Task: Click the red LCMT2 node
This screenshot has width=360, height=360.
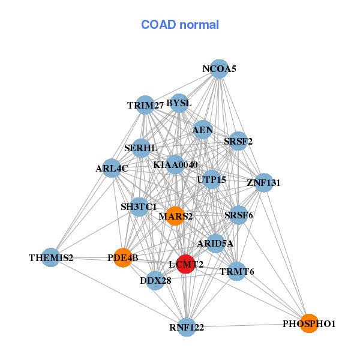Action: coord(186,263)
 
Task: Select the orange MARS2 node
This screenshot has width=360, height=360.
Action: coord(175,216)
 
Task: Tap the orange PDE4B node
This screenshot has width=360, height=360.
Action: coord(123,257)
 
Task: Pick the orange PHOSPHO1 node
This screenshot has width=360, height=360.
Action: coord(308,323)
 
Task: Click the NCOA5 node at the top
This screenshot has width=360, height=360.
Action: coord(220,69)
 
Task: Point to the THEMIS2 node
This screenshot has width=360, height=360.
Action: coord(51,257)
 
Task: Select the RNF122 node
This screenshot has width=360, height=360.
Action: coord(187,327)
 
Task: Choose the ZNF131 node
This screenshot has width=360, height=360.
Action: coord(264,182)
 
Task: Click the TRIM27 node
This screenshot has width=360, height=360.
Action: coord(145,105)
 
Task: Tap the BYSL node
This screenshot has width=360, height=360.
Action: coord(179,103)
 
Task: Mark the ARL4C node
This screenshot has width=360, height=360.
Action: coord(112,168)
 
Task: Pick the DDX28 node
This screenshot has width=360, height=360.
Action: coord(156,280)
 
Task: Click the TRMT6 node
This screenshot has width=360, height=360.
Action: coord(237,271)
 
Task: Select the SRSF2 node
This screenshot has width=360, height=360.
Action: coord(238,142)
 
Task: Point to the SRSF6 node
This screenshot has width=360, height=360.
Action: coord(238,215)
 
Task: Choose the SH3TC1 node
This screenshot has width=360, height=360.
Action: coord(139,207)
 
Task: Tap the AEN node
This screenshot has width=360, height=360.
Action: coord(203,129)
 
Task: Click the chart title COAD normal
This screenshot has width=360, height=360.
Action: coord(179,25)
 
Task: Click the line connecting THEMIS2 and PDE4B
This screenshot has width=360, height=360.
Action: coord(87,257)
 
